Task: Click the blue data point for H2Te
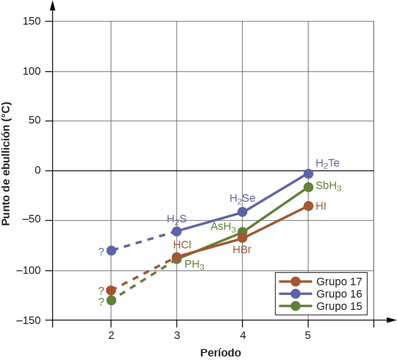coord(308,174)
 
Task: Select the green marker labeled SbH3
coord(308,187)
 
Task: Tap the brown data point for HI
coord(308,206)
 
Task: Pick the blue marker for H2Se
coord(242,212)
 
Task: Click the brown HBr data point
coord(242,238)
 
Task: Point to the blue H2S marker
coord(177,231)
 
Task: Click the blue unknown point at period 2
coord(111,251)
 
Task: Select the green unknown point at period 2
coord(111,300)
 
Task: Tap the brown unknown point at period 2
coord(111,290)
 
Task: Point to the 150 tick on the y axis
coord(32,22)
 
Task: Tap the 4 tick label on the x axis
coord(242,335)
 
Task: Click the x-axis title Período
coord(220,353)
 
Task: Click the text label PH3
coord(194,265)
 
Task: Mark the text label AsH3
coord(223,227)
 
